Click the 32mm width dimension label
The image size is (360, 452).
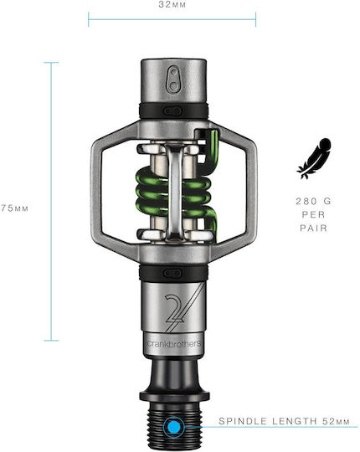(172, 5)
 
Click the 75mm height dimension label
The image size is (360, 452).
(14, 208)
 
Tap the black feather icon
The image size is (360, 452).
(314, 158)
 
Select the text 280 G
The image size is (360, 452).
(314, 201)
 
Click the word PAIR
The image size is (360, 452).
(314, 229)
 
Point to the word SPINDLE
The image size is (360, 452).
(244, 421)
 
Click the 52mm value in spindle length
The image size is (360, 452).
(336, 421)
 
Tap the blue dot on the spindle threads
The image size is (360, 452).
(174, 427)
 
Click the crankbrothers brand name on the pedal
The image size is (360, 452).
(174, 344)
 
